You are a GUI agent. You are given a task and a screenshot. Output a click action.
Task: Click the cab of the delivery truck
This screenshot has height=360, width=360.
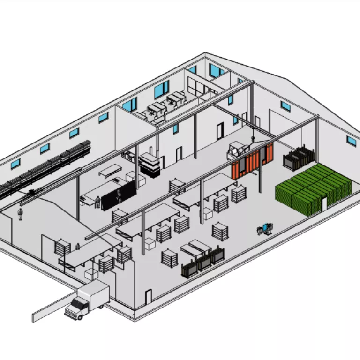pos(75,309)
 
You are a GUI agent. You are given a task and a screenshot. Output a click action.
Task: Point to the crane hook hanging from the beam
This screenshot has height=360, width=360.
pos(253,139)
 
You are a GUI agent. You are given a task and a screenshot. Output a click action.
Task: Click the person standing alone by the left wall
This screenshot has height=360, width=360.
pos(20,214)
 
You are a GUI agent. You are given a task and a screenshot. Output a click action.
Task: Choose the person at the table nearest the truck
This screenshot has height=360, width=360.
pos(77,247)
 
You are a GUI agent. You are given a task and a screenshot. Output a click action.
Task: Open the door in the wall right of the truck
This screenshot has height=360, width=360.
pos(149,297)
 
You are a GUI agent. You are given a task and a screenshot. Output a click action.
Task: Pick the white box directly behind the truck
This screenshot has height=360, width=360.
pos(90,273)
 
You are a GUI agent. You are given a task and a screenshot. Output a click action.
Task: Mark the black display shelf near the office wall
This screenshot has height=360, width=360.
pos(150,164)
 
